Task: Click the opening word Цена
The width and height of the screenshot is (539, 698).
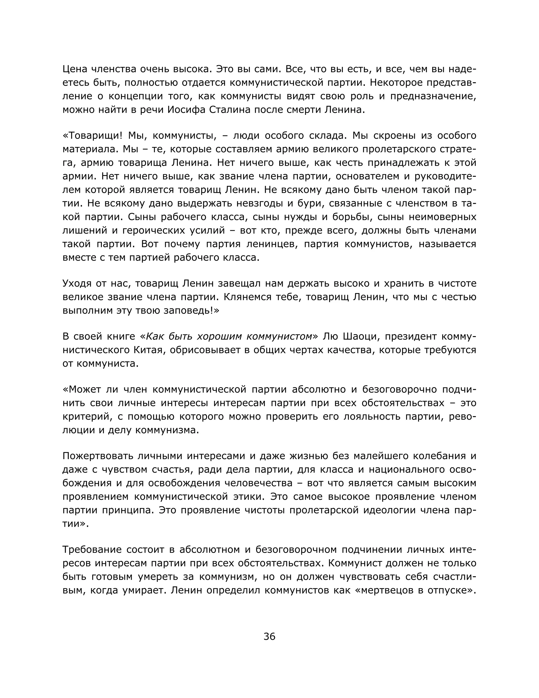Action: coord(75,69)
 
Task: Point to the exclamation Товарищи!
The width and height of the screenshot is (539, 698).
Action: coord(93,136)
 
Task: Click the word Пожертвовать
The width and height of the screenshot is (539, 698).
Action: coord(97,456)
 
